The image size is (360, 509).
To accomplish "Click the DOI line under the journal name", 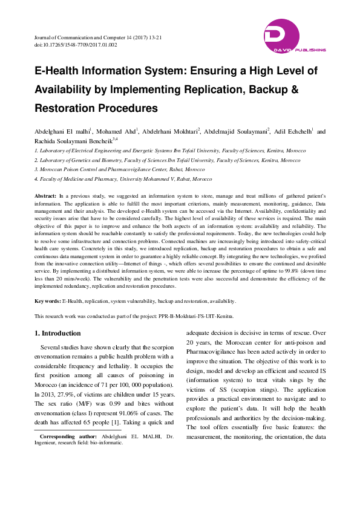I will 76,45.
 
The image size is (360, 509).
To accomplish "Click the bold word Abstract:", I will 45,197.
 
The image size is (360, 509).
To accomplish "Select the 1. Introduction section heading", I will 57,333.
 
